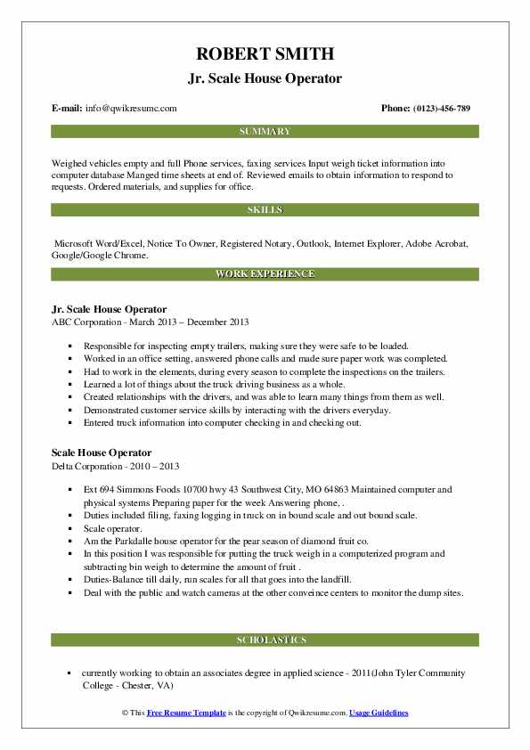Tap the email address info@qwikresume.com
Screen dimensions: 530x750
(131, 109)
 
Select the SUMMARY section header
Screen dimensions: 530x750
(265, 132)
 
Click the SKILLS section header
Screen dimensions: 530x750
(265, 210)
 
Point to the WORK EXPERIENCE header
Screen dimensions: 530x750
(265, 273)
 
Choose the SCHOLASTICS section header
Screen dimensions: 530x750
(265, 640)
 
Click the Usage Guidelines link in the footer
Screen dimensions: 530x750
(379, 713)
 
